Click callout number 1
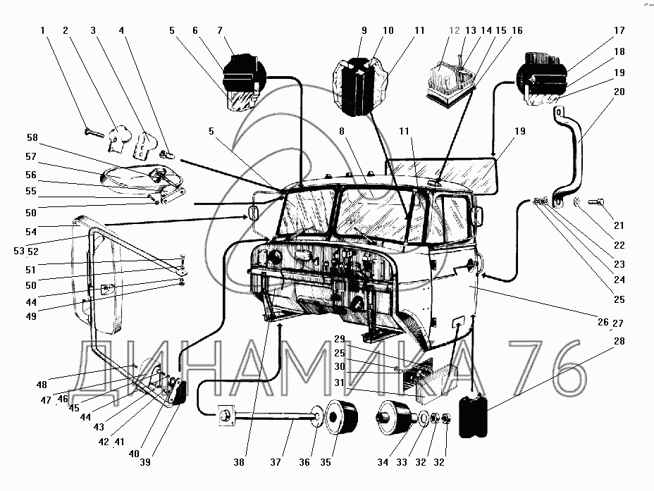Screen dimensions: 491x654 [43, 31]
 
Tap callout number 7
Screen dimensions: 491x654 [220, 31]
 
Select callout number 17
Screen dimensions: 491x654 [619, 31]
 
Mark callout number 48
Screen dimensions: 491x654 [42, 385]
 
